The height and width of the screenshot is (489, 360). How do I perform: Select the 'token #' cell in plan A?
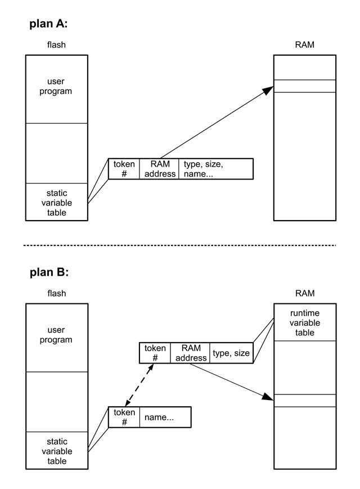pos(124,169)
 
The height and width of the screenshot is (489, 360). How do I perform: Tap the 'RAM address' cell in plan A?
pos(160,169)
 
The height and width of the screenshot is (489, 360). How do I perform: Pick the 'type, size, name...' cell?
pos(215,169)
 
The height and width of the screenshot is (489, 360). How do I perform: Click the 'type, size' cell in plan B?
pos(231,353)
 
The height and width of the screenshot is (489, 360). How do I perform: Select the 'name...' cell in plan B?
pos(165,418)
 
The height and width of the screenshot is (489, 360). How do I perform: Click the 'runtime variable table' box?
pos(305,322)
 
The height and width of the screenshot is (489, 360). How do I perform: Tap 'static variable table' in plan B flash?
pos(56,451)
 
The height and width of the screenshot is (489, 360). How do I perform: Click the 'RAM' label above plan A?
pos(304,44)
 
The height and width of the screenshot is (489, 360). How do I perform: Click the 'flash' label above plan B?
pos(56,293)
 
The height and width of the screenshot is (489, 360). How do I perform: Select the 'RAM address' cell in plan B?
pos(191,353)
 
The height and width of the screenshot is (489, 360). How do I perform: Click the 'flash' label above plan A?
pos(56,44)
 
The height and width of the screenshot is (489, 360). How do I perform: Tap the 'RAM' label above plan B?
pos(304,293)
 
